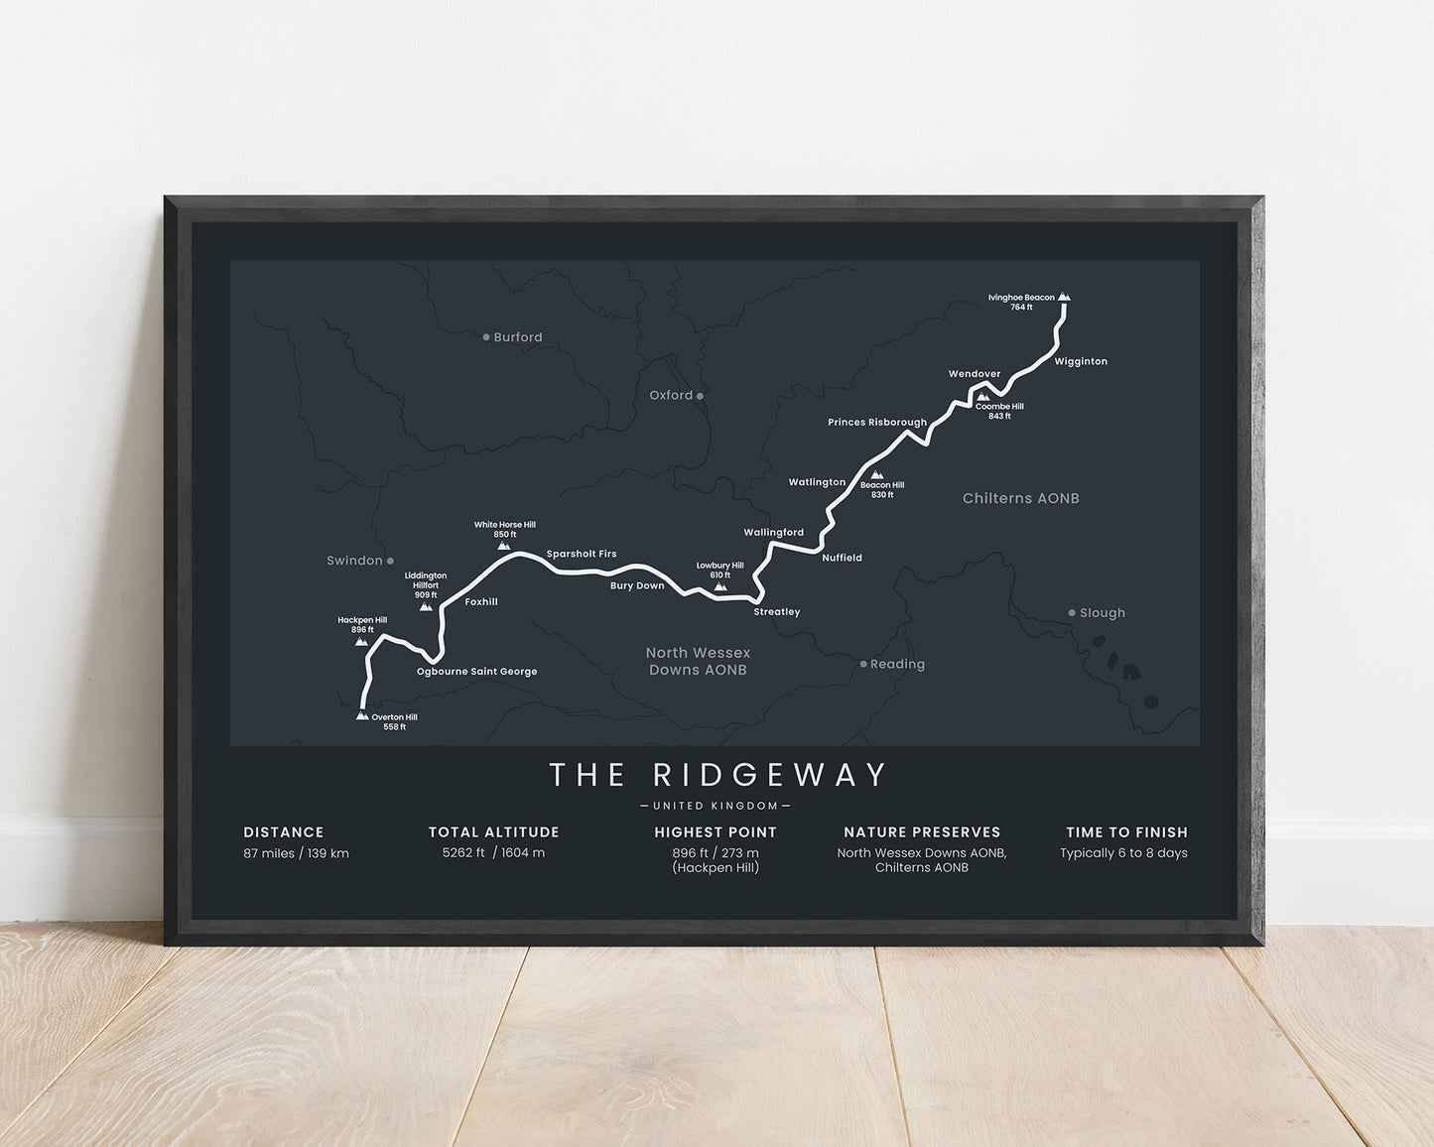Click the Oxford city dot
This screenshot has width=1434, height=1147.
tap(700, 396)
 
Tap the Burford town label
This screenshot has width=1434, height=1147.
tap(518, 337)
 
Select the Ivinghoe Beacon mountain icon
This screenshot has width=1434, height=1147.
tap(1064, 297)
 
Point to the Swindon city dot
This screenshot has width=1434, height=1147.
tap(390, 561)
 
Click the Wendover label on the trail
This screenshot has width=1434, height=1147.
tap(975, 374)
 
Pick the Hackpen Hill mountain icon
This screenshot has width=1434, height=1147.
tap(361, 642)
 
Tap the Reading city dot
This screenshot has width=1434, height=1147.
tap(863, 664)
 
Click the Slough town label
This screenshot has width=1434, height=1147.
tap(1103, 613)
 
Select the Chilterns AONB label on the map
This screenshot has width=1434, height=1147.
tap(1020, 498)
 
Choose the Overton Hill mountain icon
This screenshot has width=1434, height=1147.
tap(362, 715)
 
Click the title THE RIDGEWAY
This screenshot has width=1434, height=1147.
tap(717, 775)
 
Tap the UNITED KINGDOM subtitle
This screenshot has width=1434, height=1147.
tap(716, 806)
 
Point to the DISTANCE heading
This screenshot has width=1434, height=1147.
tap(284, 832)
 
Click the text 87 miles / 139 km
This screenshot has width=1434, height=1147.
tap(296, 853)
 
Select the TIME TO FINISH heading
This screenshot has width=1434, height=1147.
tap(1126, 832)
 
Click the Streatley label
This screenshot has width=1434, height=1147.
tap(776, 612)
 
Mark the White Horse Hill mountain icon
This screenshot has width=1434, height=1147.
tap(504, 546)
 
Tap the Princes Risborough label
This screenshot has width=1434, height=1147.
tap(877, 423)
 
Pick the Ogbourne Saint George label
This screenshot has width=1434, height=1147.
tap(476, 672)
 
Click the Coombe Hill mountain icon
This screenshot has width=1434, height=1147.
tap(981, 397)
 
